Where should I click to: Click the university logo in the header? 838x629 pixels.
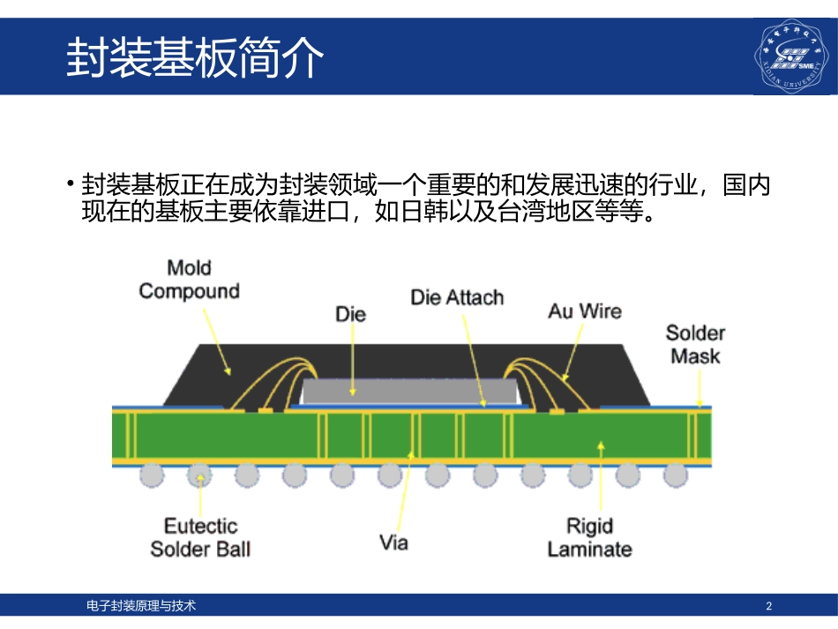(x=792, y=56)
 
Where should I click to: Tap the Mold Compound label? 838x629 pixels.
(x=189, y=279)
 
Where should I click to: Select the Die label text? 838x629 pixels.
(x=350, y=313)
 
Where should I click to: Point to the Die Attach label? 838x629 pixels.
(x=457, y=297)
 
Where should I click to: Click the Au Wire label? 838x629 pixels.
(x=584, y=311)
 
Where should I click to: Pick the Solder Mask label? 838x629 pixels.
(x=695, y=344)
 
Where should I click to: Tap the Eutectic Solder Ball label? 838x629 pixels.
(x=200, y=537)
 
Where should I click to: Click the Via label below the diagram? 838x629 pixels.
(x=393, y=542)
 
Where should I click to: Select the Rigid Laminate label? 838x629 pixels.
(x=589, y=537)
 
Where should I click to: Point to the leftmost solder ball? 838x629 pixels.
(x=152, y=475)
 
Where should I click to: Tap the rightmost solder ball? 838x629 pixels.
(x=676, y=475)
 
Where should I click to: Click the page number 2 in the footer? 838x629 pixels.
(x=769, y=606)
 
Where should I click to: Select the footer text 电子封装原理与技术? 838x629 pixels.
(x=141, y=606)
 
